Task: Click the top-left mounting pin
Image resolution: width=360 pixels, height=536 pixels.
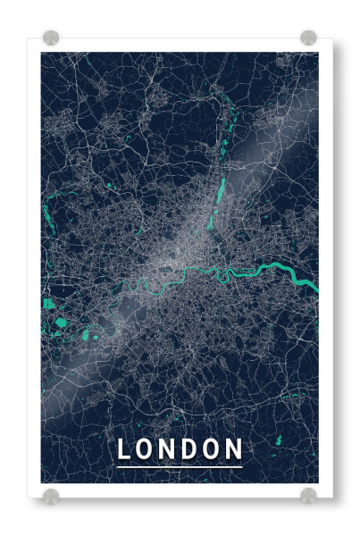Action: pos(51,38)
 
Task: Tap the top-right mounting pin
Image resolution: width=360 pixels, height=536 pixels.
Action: pos(308,38)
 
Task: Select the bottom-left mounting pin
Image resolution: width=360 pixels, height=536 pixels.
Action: pos(51,495)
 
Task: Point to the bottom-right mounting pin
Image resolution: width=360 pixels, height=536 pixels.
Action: pos(308,495)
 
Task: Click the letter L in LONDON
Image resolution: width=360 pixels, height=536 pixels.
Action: pos(124,449)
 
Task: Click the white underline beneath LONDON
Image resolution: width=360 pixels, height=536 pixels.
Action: pos(179,466)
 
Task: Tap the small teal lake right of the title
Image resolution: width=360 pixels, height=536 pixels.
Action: pos(276,440)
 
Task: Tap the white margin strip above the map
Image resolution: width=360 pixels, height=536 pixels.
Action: pos(179,45)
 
